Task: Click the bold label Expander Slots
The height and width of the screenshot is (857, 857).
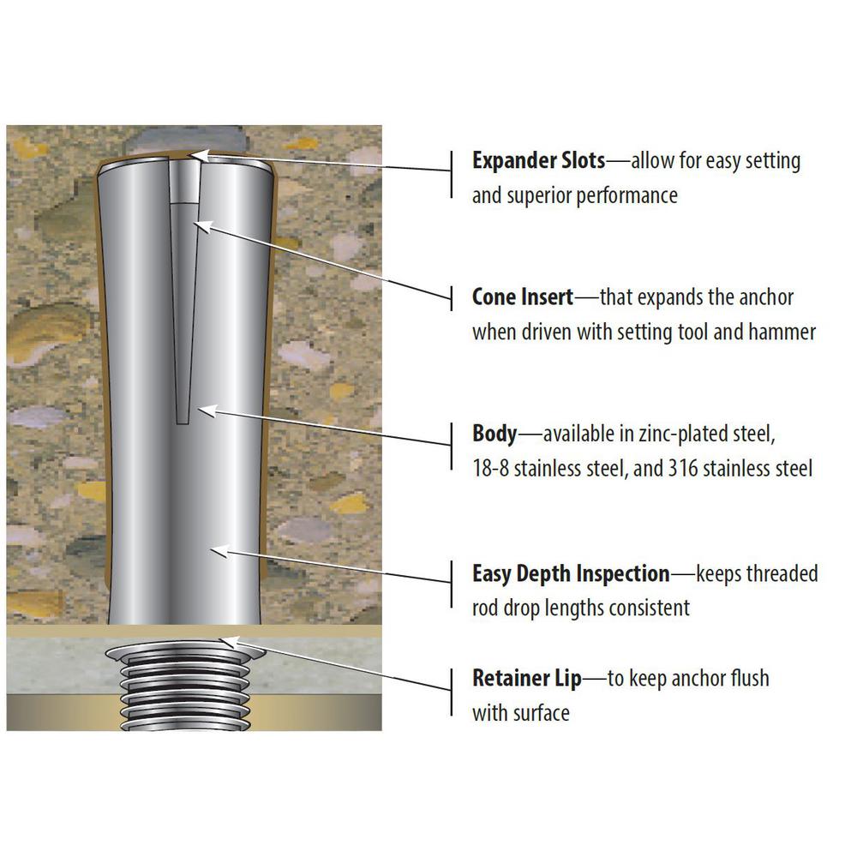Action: coord(538,161)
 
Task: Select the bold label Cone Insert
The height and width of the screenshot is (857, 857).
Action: coord(523,297)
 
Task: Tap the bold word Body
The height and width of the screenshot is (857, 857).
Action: coord(494,434)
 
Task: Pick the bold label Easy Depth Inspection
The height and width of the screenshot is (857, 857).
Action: coord(571,574)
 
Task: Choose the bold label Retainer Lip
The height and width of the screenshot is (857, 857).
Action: coord(526,678)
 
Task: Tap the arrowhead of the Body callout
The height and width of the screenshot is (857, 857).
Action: coord(207,411)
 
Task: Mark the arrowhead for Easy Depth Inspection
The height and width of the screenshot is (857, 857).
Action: coord(219,551)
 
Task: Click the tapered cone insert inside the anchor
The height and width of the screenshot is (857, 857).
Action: coord(183,313)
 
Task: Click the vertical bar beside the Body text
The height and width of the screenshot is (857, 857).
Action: coord(452,446)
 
